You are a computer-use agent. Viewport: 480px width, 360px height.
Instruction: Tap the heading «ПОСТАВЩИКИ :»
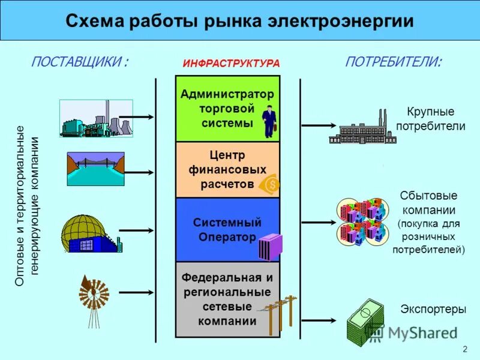[x=80, y=62]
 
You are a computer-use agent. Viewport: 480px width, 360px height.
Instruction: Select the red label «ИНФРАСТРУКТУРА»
[x=231, y=63]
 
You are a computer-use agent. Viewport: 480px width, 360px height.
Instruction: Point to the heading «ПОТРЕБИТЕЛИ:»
[x=394, y=62]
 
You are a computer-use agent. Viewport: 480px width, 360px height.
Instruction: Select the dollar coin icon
[x=269, y=185]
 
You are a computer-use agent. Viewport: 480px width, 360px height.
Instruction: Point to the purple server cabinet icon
[x=269, y=246]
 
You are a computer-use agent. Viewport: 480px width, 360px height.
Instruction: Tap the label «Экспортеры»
[x=433, y=310]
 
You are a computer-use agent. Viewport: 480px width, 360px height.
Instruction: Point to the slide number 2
[x=464, y=350]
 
